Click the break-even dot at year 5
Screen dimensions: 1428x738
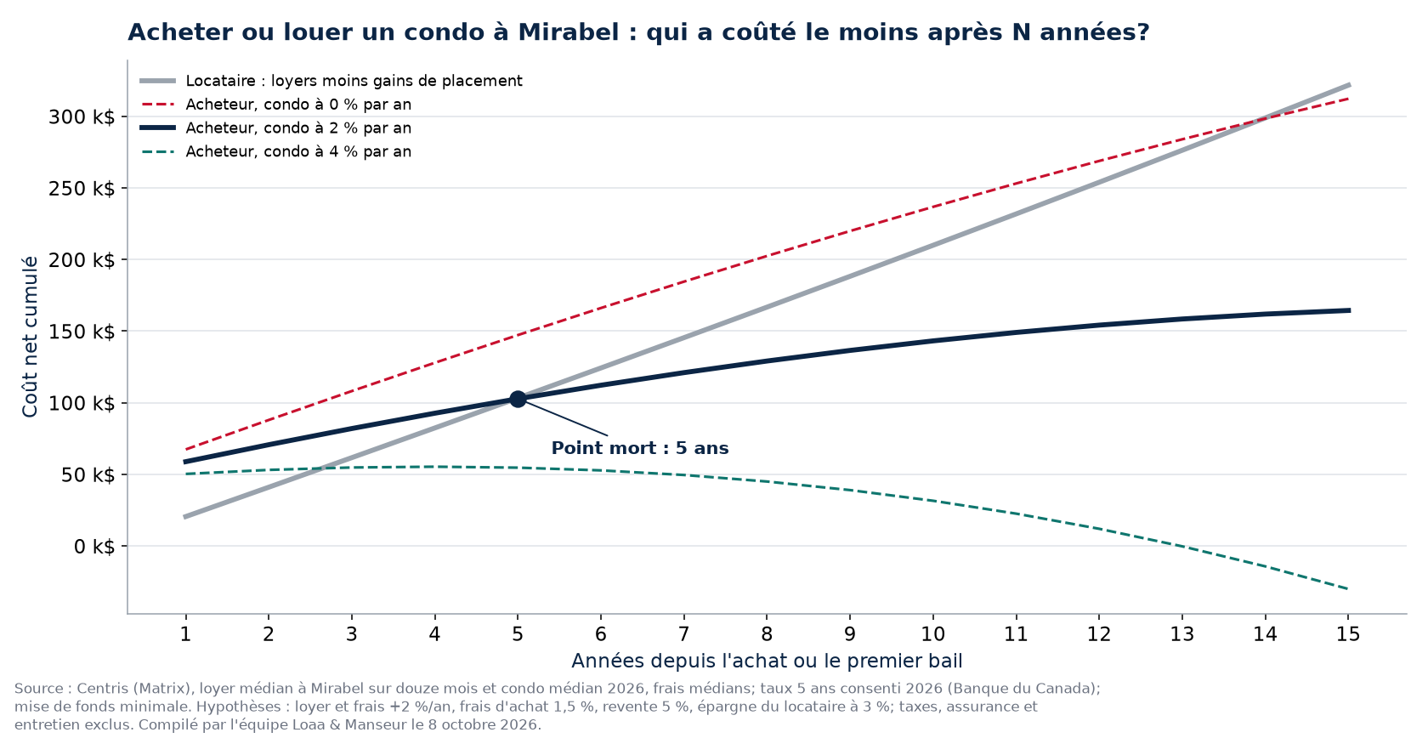click(518, 400)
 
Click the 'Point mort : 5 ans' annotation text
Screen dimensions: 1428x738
click(639, 448)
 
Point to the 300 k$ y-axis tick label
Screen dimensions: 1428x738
click(82, 116)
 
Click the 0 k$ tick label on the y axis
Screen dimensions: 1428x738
click(94, 547)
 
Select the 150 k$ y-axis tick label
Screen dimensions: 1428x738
click(82, 332)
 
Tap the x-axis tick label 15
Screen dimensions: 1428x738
click(1348, 634)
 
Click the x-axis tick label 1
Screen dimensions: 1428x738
click(185, 634)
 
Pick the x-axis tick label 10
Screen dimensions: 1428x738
click(932, 634)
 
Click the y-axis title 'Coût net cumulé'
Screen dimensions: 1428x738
click(30, 337)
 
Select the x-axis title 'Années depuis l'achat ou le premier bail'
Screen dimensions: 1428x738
click(767, 661)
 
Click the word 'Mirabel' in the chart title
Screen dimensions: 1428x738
click(568, 32)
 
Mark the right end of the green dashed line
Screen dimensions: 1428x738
click(1349, 588)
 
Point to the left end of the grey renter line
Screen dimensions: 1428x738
click(185, 517)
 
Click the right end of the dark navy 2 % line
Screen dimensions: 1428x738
click(1349, 310)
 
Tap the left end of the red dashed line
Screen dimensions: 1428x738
click(185, 450)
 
